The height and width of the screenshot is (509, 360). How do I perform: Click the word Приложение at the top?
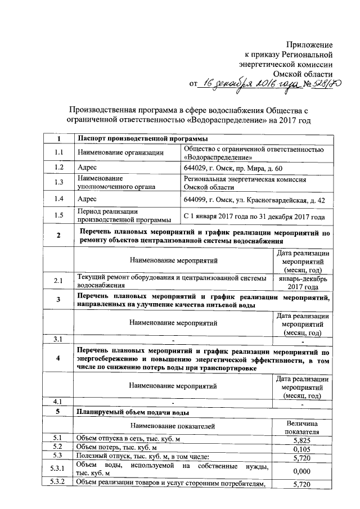point(309,44)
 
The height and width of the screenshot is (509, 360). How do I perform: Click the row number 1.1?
point(58,152)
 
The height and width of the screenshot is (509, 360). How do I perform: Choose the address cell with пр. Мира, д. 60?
point(237,168)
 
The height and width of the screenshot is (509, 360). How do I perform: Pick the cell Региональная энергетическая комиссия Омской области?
point(245,183)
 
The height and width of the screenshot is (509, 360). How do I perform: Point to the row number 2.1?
point(58,280)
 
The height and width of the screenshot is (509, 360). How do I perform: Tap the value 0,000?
point(302,471)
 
